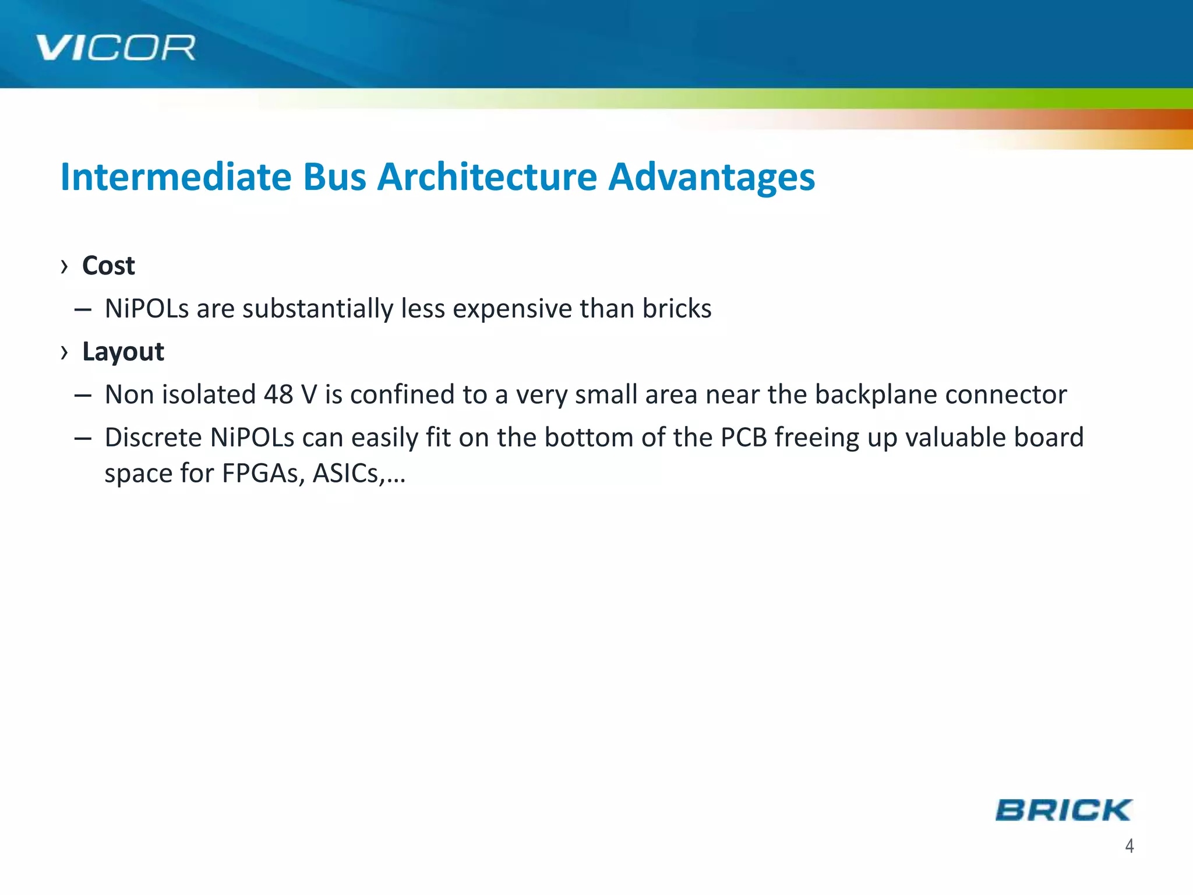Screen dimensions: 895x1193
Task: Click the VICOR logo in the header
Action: click(115, 48)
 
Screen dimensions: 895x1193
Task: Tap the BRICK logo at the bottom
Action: click(1063, 810)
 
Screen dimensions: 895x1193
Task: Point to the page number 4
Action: click(1129, 845)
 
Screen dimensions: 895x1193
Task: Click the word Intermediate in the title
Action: click(175, 177)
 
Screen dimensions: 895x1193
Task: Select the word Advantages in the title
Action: click(711, 177)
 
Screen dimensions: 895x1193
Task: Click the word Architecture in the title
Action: click(487, 177)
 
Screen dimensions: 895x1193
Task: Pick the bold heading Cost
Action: click(108, 266)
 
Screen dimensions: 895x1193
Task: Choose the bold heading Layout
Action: click(123, 351)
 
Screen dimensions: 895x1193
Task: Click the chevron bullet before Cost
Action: click(64, 267)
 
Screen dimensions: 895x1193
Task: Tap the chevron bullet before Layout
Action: click(64, 353)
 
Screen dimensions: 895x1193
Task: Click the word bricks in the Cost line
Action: click(677, 308)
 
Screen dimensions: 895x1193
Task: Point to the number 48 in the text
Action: click(278, 394)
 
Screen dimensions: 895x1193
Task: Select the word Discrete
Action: click(153, 437)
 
